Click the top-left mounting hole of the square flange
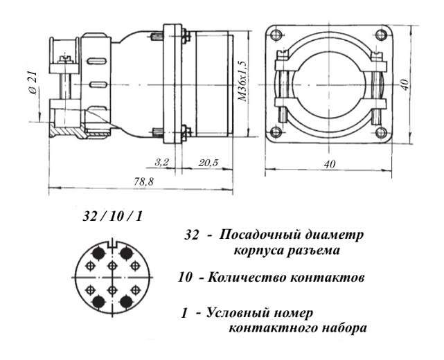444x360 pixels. pyautogui.click(x=277, y=35)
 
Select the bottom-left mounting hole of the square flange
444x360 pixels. pyautogui.click(x=277, y=132)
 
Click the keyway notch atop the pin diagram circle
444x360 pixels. pyautogui.click(x=112, y=243)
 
